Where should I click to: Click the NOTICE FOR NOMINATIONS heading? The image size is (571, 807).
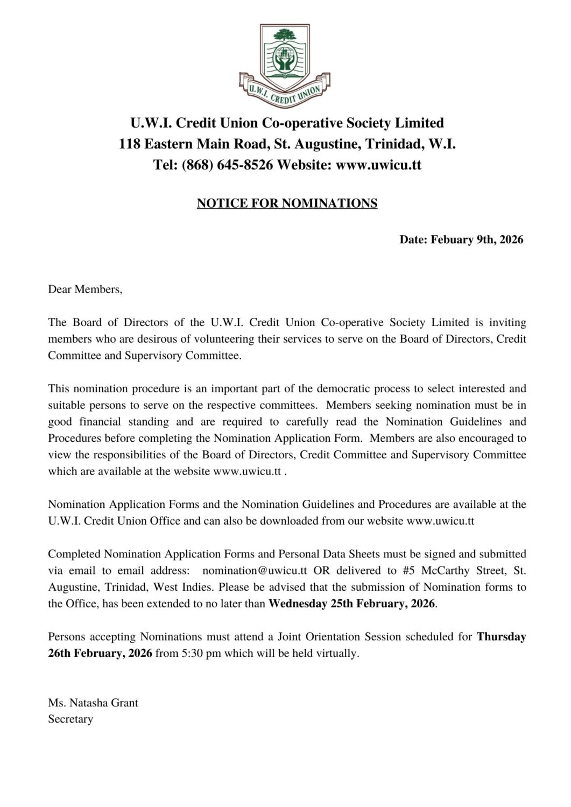click(x=287, y=203)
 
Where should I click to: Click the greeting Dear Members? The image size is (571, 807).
click(x=85, y=289)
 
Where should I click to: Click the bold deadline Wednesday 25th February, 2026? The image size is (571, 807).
click(x=351, y=604)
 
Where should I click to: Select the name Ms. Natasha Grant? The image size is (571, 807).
click(x=93, y=703)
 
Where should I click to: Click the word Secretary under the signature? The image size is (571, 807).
click(x=71, y=719)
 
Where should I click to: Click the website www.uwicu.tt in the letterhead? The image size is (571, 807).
click(x=378, y=165)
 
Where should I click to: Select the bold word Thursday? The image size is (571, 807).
click(x=501, y=637)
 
